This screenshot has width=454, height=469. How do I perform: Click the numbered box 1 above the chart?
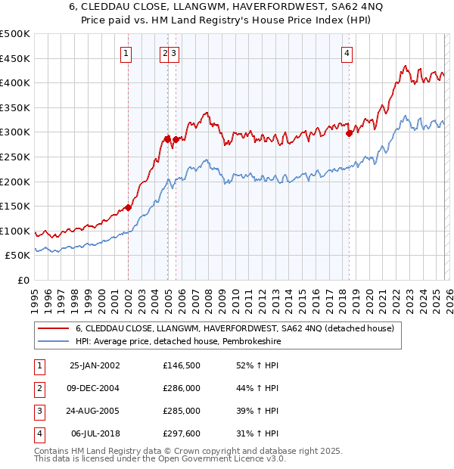tap(125, 53)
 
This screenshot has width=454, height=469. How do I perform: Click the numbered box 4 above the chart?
tap(347, 53)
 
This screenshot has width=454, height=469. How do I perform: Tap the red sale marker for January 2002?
tap(129, 207)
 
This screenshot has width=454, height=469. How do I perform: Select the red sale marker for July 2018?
tap(349, 133)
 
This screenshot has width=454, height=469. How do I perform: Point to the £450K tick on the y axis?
tap(16, 58)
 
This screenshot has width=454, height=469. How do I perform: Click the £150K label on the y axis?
tap(16, 206)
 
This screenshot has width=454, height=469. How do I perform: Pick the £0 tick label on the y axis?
tap(23, 280)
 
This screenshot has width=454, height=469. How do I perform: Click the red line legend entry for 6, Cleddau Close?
tap(235, 329)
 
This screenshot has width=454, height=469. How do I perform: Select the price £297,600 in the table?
tap(182, 433)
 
